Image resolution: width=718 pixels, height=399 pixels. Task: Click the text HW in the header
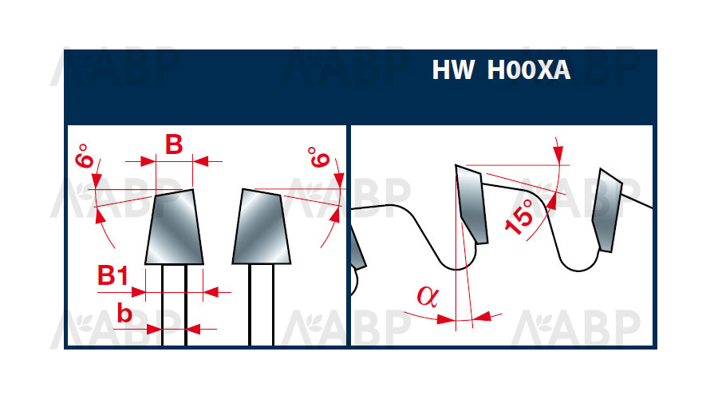click(452, 70)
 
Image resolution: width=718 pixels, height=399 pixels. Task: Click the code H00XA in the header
click(528, 70)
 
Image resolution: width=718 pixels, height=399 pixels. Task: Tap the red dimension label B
click(174, 144)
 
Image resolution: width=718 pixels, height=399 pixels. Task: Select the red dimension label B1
click(112, 275)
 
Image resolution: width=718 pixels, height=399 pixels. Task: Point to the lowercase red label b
click(124, 314)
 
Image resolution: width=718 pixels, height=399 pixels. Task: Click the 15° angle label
click(519, 217)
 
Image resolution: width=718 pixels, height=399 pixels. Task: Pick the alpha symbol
click(428, 296)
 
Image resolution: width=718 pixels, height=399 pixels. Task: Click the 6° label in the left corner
click(85, 156)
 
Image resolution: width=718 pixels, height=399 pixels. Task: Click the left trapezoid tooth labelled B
click(174, 227)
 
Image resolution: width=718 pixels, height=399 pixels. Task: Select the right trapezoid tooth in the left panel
click(262, 227)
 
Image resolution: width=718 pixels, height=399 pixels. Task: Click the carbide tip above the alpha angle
click(471, 203)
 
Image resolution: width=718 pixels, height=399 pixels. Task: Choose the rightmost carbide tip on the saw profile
click(607, 210)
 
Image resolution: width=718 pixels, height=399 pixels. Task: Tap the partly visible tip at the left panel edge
click(358, 248)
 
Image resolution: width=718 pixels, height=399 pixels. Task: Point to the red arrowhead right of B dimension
click(200, 161)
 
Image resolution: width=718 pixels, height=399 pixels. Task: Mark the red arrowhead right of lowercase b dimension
click(194, 329)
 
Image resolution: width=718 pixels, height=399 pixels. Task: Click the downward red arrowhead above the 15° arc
click(558, 154)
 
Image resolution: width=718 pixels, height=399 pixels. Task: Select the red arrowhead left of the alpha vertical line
click(446, 319)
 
